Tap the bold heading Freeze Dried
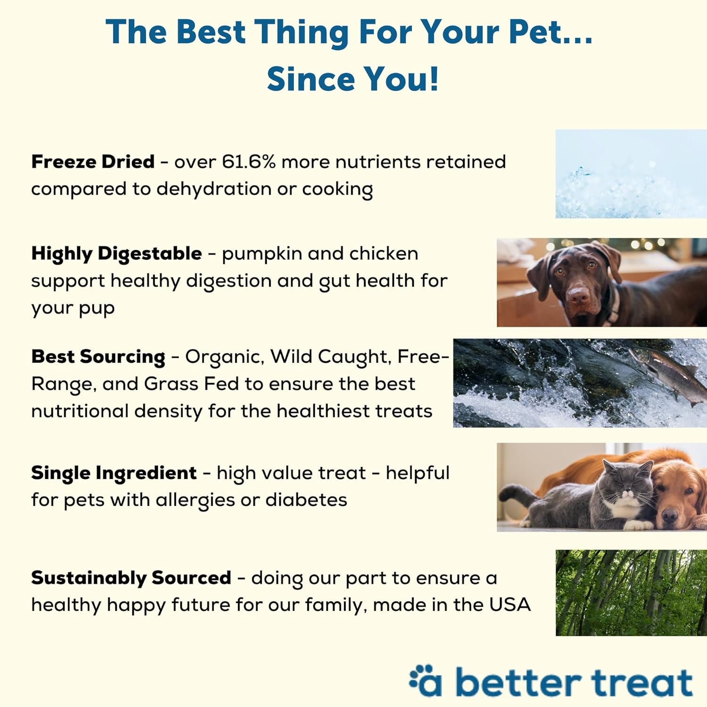pyautogui.click(x=93, y=162)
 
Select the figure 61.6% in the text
pyautogui.click(x=248, y=162)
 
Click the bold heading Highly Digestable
pyautogui.click(x=116, y=254)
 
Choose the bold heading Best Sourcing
pyautogui.click(x=98, y=357)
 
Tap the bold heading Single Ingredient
pyautogui.click(x=114, y=473)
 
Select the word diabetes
pyautogui.click(x=306, y=500)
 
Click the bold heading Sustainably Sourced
pyautogui.click(x=131, y=578)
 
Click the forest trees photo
pyautogui.click(x=631, y=592)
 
